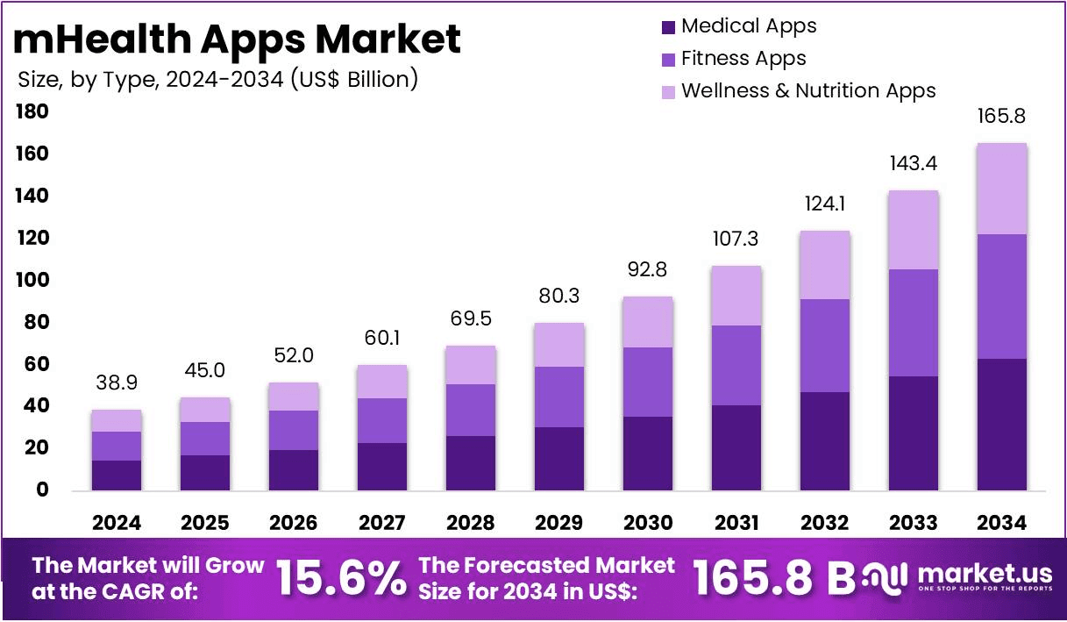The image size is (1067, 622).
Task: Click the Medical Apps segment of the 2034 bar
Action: click(x=1001, y=424)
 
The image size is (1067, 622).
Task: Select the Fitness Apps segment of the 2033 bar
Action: click(x=913, y=322)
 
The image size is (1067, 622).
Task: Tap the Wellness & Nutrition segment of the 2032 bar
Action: click(x=824, y=265)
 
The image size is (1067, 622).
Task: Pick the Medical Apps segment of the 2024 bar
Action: click(x=117, y=475)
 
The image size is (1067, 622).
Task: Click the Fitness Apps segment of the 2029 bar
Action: click(x=558, y=397)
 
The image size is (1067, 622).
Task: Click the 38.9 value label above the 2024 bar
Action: click(x=117, y=382)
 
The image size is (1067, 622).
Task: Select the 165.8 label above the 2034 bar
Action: click(x=1001, y=116)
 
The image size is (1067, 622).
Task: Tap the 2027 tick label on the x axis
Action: click(x=382, y=523)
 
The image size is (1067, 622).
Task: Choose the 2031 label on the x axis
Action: click(x=736, y=523)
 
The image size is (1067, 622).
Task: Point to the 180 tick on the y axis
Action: click(x=32, y=112)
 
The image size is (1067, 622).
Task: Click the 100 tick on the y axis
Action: click(x=32, y=281)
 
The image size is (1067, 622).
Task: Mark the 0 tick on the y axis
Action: click(x=42, y=490)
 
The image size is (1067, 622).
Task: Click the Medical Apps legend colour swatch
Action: click(x=668, y=27)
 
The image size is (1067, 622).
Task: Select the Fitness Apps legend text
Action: click(x=743, y=59)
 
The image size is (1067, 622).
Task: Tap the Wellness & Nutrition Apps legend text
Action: click(x=808, y=90)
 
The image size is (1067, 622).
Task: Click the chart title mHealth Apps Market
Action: click(x=237, y=39)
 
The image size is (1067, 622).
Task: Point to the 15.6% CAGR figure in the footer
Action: click(x=342, y=577)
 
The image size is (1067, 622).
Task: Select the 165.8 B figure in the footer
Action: click(x=773, y=577)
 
